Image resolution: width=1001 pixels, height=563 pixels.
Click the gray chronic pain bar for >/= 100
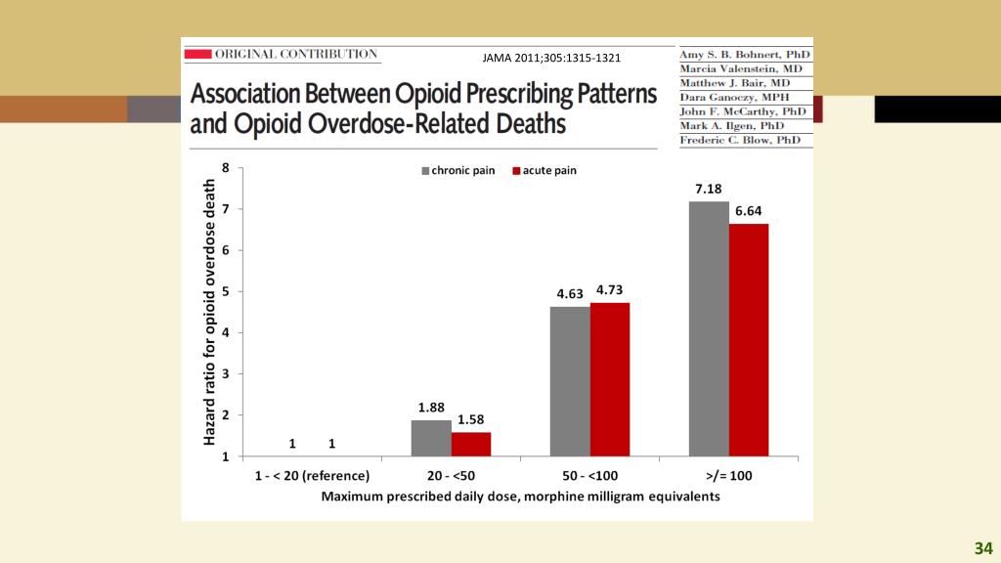pyautogui.click(x=709, y=328)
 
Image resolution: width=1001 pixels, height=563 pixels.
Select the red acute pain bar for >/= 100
pyautogui.click(x=749, y=339)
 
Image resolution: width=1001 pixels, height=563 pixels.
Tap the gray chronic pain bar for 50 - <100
pyautogui.click(x=570, y=381)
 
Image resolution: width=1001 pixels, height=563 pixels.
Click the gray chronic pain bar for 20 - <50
pyautogui.click(x=431, y=438)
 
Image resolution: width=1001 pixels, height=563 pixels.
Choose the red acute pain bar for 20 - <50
pyautogui.click(x=471, y=444)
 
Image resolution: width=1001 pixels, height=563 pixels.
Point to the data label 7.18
pyautogui.click(x=709, y=189)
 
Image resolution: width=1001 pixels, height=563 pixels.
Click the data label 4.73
pyautogui.click(x=611, y=289)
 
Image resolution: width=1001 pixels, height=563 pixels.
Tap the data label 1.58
pyautogui.click(x=471, y=419)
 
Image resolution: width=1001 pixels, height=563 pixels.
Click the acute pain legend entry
pyautogui.click(x=544, y=171)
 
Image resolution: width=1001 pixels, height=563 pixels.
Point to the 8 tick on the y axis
pyautogui.click(x=226, y=168)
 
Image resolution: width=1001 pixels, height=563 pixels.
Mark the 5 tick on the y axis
pyautogui.click(x=226, y=292)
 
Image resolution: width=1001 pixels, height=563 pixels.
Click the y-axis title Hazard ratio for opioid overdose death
pyautogui.click(x=208, y=312)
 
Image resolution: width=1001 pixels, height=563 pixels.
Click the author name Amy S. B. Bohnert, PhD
pyautogui.click(x=745, y=55)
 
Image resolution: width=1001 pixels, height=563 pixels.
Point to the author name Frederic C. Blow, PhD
pyautogui.click(x=745, y=140)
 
